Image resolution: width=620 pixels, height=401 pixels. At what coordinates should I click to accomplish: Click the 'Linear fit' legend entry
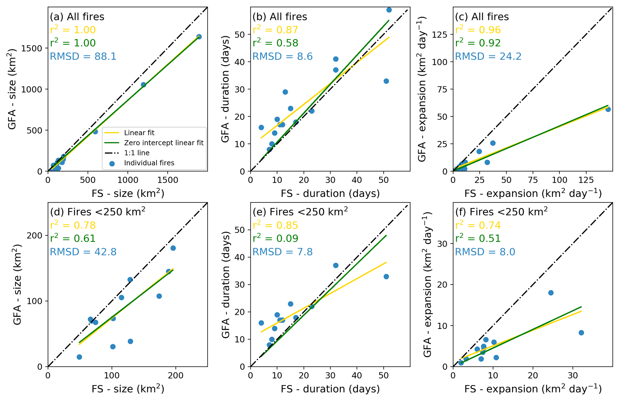click(139, 133)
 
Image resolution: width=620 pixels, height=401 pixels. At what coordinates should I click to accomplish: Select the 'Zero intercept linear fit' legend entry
click(163, 143)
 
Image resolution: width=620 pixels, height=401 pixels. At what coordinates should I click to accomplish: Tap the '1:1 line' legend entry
click(137, 153)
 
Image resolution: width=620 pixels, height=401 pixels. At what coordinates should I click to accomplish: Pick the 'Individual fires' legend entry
click(149, 163)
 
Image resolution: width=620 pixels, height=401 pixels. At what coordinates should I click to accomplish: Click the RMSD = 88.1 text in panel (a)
click(83, 56)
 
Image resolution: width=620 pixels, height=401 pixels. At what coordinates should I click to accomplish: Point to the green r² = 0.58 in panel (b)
click(275, 43)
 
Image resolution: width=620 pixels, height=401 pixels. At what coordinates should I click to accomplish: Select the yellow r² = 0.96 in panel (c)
click(478, 30)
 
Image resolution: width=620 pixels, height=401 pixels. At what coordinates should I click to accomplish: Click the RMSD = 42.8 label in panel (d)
click(83, 252)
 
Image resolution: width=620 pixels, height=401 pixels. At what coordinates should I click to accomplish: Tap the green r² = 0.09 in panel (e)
click(275, 238)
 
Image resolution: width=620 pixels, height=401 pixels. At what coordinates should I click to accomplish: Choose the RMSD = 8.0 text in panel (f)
click(485, 252)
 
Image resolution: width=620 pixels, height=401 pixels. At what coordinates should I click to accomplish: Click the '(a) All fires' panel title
click(77, 17)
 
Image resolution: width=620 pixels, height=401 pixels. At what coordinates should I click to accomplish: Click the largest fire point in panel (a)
click(199, 37)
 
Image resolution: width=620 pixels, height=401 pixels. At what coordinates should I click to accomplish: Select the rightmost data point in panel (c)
click(608, 110)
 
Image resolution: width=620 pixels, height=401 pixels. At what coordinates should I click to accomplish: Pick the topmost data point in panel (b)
click(389, 10)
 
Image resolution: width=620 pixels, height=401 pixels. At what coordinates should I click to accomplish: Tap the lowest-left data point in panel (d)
click(79, 357)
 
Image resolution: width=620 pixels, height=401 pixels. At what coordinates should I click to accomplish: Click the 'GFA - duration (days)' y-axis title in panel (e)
click(226, 285)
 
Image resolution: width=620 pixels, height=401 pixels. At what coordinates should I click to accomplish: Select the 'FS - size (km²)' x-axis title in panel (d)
click(128, 389)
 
